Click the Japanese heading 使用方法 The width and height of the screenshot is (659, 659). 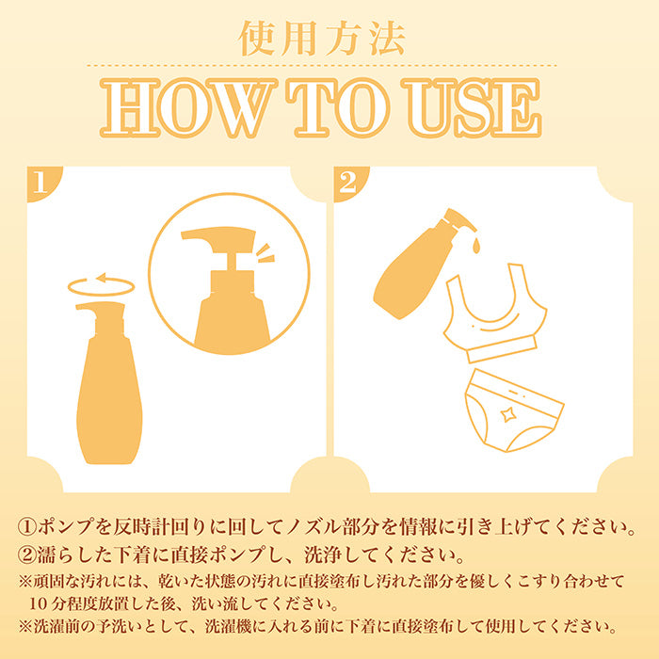322,39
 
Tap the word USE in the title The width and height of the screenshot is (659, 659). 472,108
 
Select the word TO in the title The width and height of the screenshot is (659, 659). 337,108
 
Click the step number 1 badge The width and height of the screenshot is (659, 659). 41,182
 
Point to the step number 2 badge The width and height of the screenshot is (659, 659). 348,182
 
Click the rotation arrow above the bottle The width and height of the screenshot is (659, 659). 102,286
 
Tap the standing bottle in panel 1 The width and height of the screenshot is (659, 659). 109,382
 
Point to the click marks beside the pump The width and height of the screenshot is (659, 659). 265,253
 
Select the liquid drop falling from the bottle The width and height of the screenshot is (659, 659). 475,246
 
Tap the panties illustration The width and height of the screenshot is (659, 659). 514,410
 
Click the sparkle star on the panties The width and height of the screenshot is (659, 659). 507,415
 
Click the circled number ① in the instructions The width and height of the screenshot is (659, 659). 27,527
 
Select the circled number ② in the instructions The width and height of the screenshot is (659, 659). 27,555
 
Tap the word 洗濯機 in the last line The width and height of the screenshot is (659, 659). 229,627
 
